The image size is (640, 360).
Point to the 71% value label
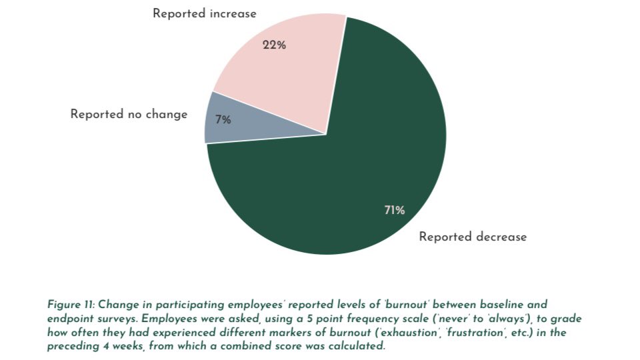(394, 211)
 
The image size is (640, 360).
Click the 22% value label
(274, 45)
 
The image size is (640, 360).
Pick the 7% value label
(223, 120)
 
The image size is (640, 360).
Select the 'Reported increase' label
(205, 13)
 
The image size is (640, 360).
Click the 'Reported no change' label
(129, 114)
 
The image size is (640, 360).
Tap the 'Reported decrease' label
(473, 237)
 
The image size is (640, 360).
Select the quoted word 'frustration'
(448, 333)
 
